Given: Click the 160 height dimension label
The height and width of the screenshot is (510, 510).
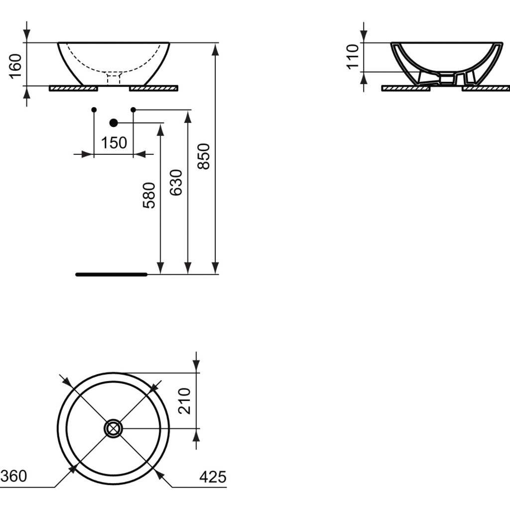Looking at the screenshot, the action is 15,66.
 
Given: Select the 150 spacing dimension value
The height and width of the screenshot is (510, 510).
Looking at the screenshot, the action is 114,143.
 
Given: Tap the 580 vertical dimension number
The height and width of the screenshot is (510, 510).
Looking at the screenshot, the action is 149,195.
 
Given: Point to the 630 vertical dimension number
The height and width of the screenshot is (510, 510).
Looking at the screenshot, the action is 176,182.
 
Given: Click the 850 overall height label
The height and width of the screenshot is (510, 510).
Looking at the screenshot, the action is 204,156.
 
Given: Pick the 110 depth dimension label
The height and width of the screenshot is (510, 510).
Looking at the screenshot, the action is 353,57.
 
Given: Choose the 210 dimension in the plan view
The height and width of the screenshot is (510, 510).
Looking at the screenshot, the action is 184,401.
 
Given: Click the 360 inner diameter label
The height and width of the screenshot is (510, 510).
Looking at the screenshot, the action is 13,476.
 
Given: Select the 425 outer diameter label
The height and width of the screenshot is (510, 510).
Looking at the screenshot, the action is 213,477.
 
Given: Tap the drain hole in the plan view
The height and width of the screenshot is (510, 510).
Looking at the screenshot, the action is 113,429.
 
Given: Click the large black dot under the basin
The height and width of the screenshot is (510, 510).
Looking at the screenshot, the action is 114,123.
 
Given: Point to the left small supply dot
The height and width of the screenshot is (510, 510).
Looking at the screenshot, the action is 94,110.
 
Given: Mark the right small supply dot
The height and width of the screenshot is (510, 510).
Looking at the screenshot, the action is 133,110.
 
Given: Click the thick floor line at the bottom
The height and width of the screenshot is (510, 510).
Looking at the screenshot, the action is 111,274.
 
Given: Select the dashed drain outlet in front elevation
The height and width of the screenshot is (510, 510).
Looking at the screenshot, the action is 114,79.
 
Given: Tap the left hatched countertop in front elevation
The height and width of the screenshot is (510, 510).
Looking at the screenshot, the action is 74,88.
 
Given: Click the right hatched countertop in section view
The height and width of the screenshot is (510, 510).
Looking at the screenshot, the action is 486,88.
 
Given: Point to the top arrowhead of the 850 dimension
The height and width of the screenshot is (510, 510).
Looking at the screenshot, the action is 215,50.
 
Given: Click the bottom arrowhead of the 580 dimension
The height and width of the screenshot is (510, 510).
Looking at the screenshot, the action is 160,268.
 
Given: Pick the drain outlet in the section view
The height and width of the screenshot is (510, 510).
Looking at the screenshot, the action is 447,79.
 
